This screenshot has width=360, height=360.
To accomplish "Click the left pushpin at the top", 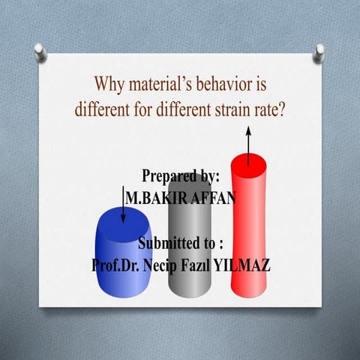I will (40, 52).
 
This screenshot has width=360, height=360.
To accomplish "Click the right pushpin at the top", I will (319, 52).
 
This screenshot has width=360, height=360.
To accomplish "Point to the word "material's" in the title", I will (166, 82).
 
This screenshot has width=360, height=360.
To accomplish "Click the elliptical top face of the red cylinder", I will (249, 160).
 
